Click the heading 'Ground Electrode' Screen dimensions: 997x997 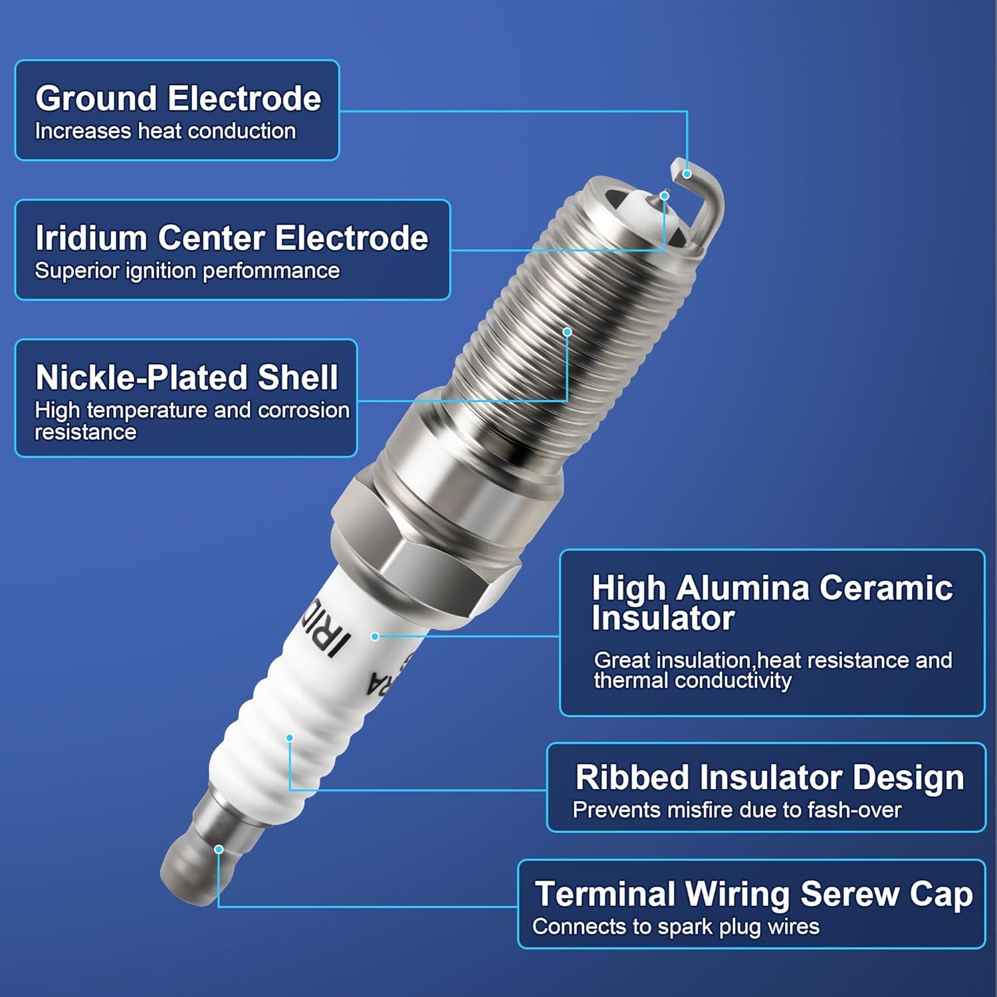point(178,98)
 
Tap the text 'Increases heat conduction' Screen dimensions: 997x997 point(165,132)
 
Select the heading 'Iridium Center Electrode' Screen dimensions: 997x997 point(231,238)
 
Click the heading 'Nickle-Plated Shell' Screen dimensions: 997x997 point(187,378)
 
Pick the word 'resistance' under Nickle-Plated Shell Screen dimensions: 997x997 point(85,433)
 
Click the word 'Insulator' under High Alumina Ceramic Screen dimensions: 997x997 point(663,618)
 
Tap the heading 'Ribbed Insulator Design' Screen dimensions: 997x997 point(769,778)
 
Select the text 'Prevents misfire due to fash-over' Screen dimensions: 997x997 point(736,810)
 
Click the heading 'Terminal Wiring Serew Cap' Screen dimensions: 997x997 point(753,894)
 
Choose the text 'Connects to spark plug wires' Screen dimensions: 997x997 point(675,927)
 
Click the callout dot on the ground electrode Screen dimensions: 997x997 point(687,174)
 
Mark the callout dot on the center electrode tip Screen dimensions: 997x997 point(664,196)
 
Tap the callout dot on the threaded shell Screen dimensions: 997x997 point(567,332)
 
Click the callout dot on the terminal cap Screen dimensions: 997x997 point(219,849)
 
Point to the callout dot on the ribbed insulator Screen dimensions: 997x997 point(290,738)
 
